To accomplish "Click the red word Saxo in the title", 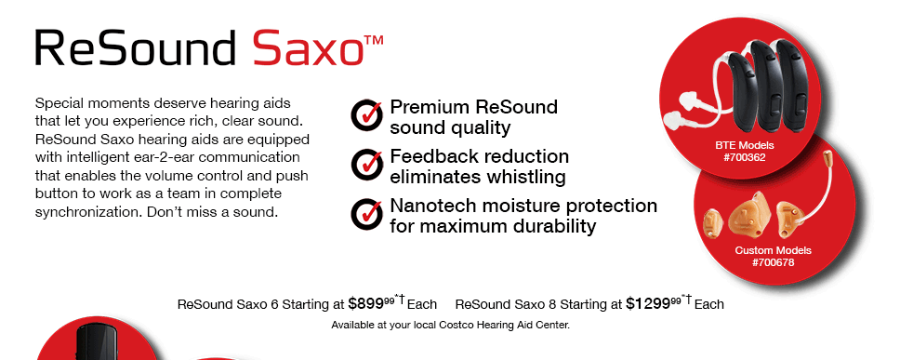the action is (x=308, y=47).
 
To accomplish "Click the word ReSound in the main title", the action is (x=136, y=47).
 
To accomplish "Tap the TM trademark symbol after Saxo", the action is (x=374, y=41).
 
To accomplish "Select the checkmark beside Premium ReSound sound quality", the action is (x=366, y=114).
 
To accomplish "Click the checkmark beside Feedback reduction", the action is (x=366, y=165).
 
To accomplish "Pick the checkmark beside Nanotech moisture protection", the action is (x=366, y=214).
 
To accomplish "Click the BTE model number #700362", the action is (x=745, y=157).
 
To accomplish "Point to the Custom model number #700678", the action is (x=774, y=262).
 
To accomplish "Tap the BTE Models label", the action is (x=745, y=145).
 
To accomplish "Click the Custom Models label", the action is (x=774, y=250).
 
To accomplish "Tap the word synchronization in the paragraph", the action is (x=87, y=212).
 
